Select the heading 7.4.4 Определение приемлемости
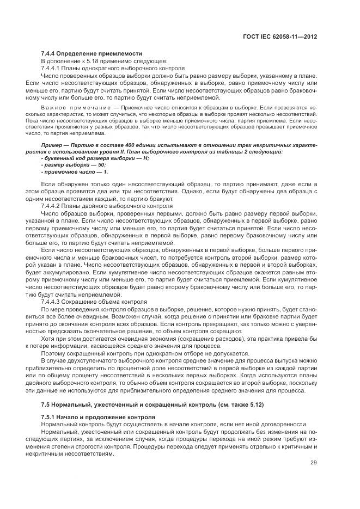pyautogui.click(x=91, y=53)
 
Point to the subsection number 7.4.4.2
pyautogui.click(x=53, y=207)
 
